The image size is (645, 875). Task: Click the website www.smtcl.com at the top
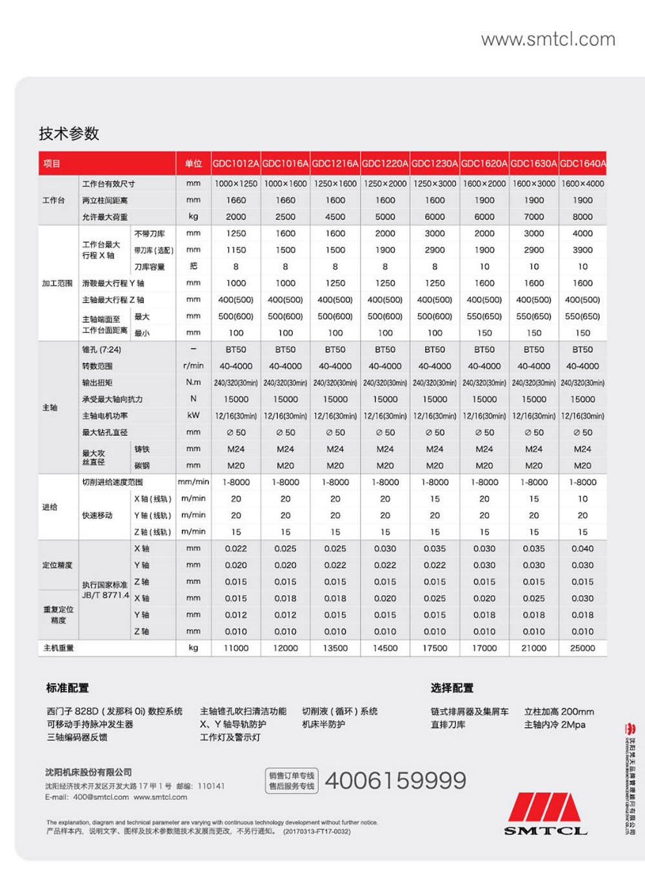pyautogui.click(x=548, y=39)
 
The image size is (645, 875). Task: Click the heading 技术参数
pyautogui.click(x=69, y=133)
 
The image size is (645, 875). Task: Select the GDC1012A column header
pyautogui.click(x=236, y=164)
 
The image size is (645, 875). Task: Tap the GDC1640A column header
pyautogui.click(x=582, y=164)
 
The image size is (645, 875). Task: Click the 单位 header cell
pyautogui.click(x=193, y=164)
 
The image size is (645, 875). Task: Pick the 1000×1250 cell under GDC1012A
pyautogui.click(x=236, y=184)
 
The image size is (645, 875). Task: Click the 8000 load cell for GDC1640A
pyautogui.click(x=582, y=217)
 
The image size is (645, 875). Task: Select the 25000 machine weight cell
pyautogui.click(x=582, y=648)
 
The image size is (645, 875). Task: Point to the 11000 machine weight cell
pyautogui.click(x=236, y=648)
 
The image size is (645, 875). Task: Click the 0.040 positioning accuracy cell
pyautogui.click(x=582, y=549)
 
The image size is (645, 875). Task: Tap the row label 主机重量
pyautogui.click(x=59, y=648)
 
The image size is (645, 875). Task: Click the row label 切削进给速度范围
pyautogui.click(x=112, y=482)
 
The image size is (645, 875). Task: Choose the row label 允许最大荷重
pyautogui.click(x=104, y=217)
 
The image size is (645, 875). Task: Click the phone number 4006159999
pyautogui.click(x=395, y=781)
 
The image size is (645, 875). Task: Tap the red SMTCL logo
pyautogui.click(x=546, y=814)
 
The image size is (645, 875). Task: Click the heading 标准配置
pyautogui.click(x=68, y=688)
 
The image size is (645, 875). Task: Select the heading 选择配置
pyautogui.click(x=452, y=688)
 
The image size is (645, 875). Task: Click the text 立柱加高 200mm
pyautogui.click(x=559, y=712)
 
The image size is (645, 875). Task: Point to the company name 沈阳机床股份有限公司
pyautogui.click(x=88, y=772)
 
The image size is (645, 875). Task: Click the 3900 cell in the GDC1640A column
pyautogui.click(x=582, y=250)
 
